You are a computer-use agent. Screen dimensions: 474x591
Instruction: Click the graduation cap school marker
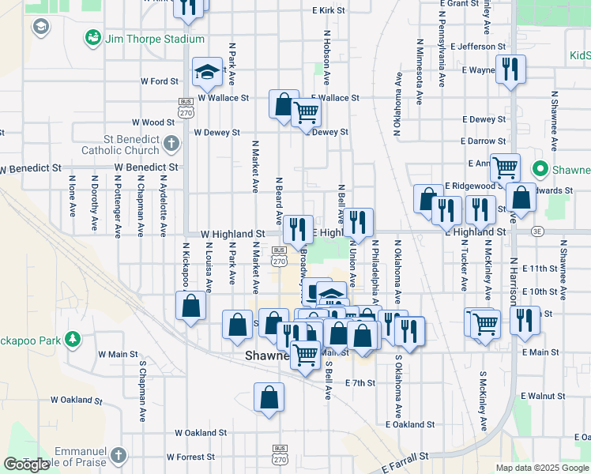pyautogui.click(x=207, y=73)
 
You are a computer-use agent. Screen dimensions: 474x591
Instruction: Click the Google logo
pyautogui.click(x=26, y=465)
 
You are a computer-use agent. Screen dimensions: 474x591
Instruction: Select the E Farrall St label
pyautogui.click(x=402, y=456)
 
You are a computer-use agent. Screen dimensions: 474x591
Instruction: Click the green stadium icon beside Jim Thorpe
pyautogui.click(x=93, y=38)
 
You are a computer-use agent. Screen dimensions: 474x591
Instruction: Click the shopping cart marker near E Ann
pyautogui.click(x=505, y=167)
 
